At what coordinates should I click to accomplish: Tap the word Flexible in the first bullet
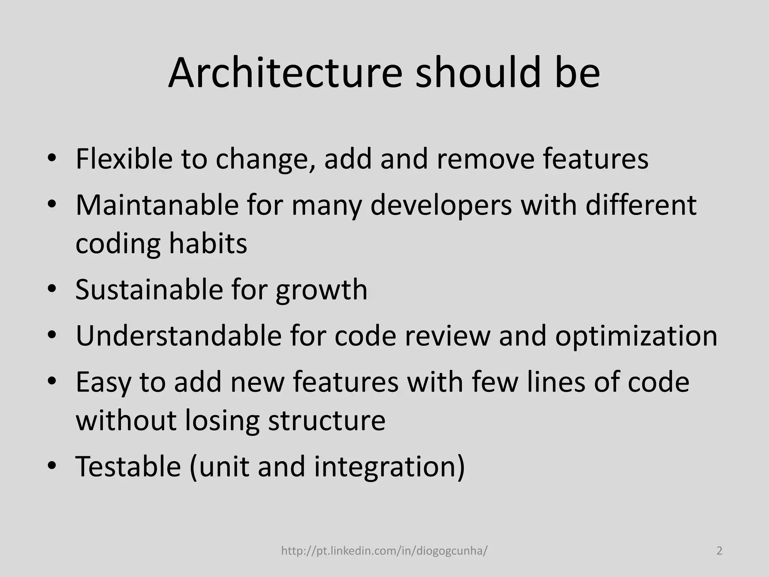pyautogui.click(x=124, y=159)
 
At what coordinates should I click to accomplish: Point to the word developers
pyautogui.click(x=441, y=206)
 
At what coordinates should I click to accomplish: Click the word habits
pyautogui.click(x=208, y=243)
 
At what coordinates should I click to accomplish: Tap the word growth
pyautogui.click(x=321, y=290)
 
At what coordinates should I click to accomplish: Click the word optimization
pyautogui.click(x=636, y=336)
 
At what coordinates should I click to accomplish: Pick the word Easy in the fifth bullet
pyautogui.click(x=103, y=382)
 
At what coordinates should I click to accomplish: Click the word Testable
pyautogui.click(x=128, y=466)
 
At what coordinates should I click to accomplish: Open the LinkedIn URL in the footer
pyautogui.click(x=384, y=551)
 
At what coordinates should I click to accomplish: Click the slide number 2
pyautogui.click(x=719, y=551)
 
